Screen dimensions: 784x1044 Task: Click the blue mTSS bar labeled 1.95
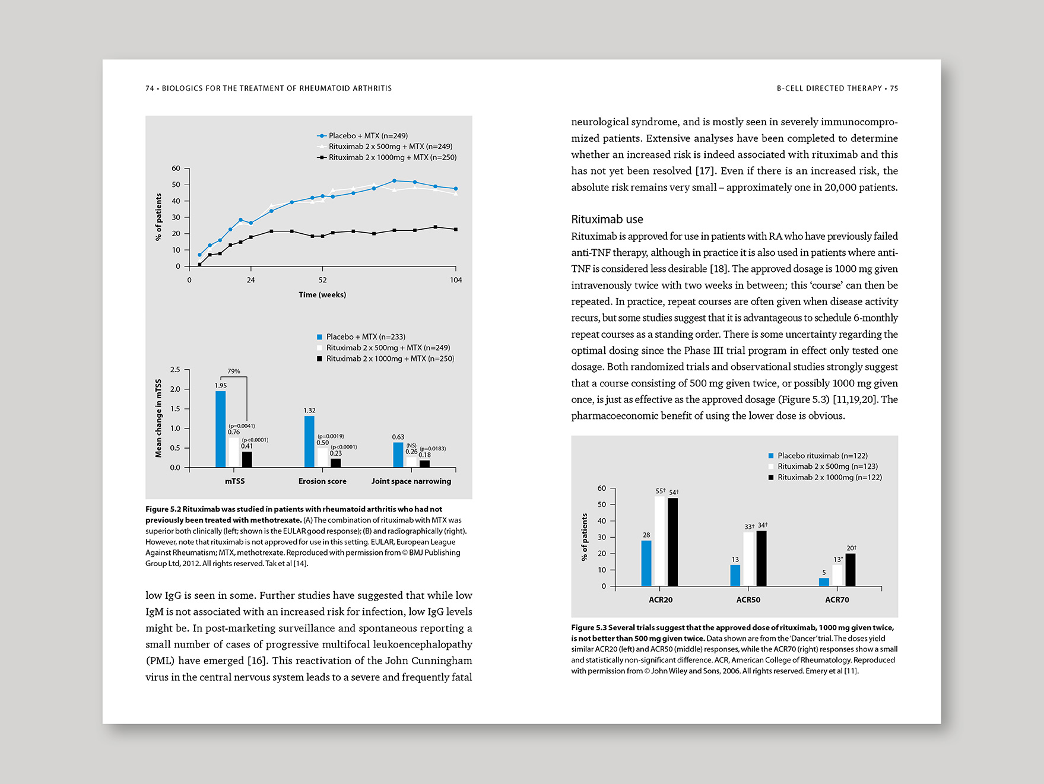[x=220, y=429]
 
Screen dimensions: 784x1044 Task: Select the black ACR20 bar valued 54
[x=672, y=542]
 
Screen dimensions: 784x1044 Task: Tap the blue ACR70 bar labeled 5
[x=824, y=582]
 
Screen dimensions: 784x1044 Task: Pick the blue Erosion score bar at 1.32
[x=309, y=442]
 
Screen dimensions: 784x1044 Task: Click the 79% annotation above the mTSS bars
[x=234, y=372]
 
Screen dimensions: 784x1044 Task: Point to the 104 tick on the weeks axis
[x=455, y=280]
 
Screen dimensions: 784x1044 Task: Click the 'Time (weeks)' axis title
[x=322, y=295]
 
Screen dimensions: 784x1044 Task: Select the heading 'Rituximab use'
[x=607, y=220]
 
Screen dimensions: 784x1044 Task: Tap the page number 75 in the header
[x=894, y=88]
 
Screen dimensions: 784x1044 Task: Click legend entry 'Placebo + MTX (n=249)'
[x=368, y=136]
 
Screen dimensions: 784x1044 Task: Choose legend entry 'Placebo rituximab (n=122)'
[x=822, y=456]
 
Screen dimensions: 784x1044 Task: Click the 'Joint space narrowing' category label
[x=411, y=481]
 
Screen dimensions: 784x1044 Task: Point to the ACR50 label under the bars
[x=748, y=600]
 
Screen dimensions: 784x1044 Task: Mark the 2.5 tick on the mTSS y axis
[x=175, y=370]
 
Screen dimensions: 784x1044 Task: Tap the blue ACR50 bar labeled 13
[x=735, y=575]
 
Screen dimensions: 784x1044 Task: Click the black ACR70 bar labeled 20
[x=850, y=570]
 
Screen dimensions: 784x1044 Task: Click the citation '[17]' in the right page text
[x=705, y=171]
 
